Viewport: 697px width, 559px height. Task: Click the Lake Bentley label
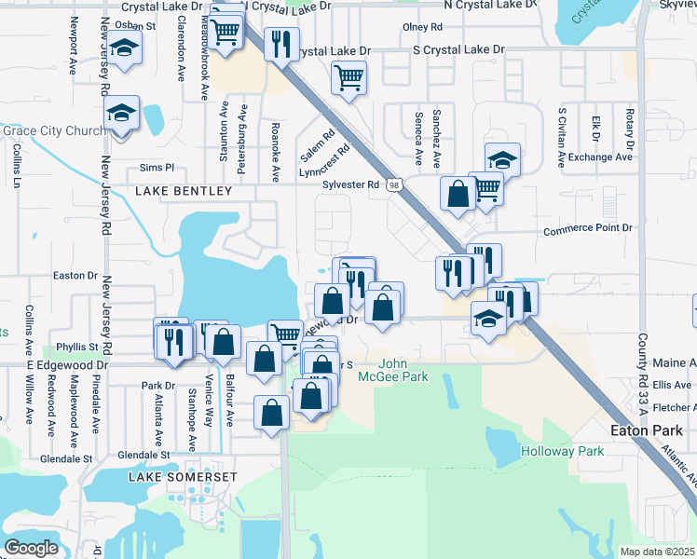point(183,191)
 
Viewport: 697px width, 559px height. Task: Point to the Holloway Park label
point(562,451)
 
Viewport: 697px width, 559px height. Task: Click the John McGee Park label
point(403,370)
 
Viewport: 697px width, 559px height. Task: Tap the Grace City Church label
point(54,130)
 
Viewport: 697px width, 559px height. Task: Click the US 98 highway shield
point(396,187)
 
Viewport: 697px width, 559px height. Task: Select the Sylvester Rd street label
point(350,184)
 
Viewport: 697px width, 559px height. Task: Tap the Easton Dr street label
point(75,276)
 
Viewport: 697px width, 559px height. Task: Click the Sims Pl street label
point(157,168)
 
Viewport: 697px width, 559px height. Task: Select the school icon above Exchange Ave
point(502,158)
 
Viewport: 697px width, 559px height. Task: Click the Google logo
point(32,547)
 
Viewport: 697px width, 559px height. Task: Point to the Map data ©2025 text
point(656,552)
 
